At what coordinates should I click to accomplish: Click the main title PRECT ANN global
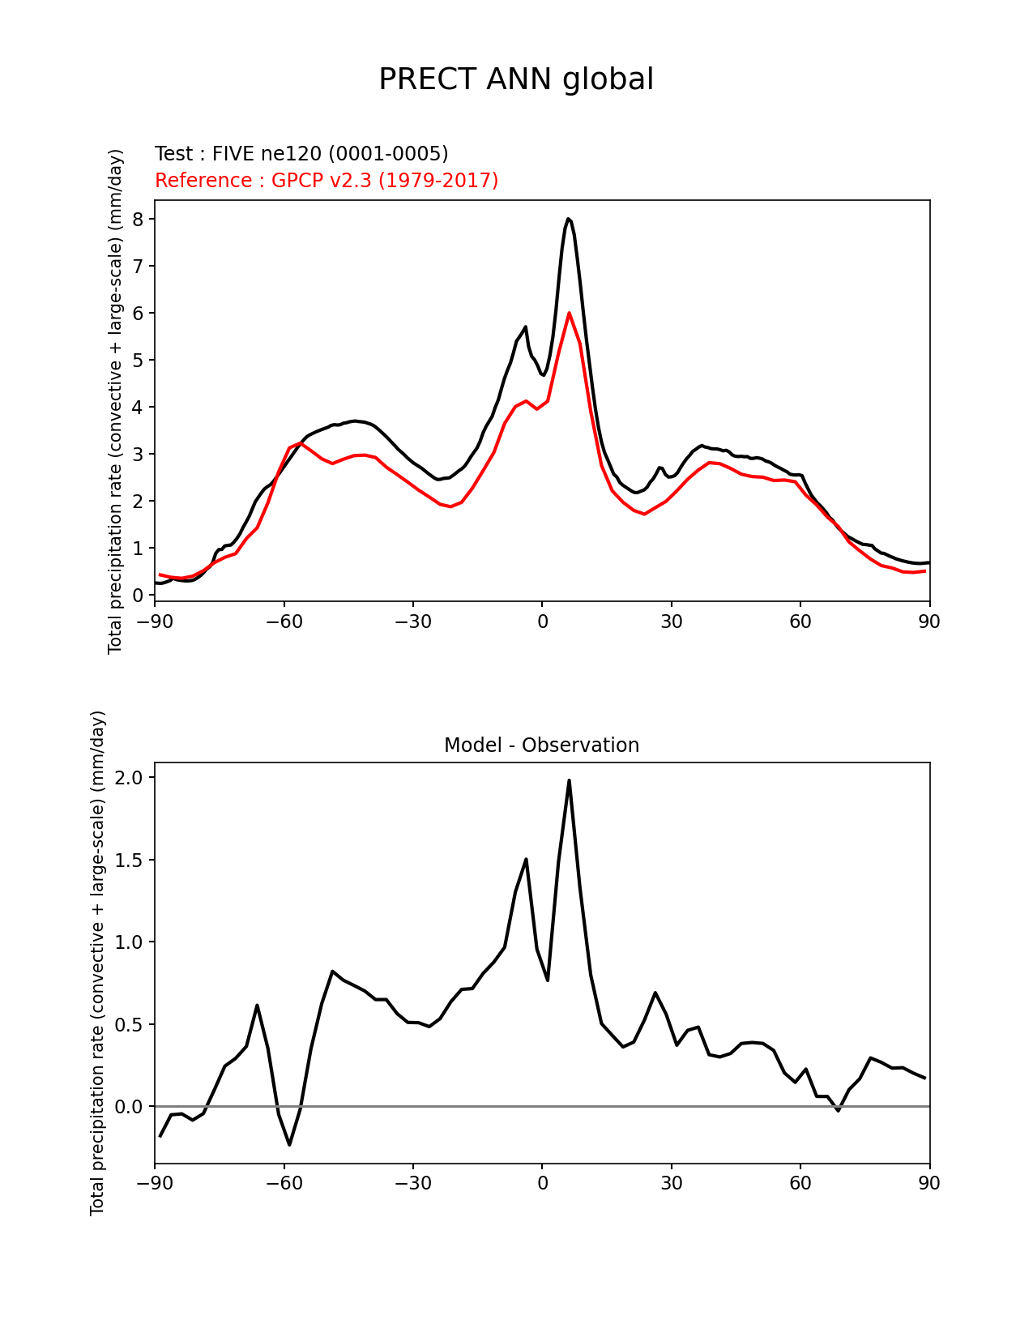click(516, 79)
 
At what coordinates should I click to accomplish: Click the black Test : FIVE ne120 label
click(301, 154)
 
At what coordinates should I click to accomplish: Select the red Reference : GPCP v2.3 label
click(327, 180)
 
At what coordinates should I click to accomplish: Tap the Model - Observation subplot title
click(541, 745)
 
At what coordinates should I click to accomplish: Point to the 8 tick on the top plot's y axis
click(138, 220)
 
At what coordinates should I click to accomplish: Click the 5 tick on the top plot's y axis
click(138, 361)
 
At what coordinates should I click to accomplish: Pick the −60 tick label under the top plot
click(284, 622)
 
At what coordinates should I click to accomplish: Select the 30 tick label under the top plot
click(671, 622)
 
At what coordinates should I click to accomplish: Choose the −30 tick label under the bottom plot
click(412, 1184)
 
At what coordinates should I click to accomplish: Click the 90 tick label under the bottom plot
click(929, 1184)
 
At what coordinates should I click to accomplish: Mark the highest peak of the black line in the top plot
click(569, 219)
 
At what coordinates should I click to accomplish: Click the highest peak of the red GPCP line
click(569, 313)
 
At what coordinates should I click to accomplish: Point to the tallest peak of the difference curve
click(569, 780)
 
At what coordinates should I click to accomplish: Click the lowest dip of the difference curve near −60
click(289, 1144)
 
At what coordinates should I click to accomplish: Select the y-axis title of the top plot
click(116, 401)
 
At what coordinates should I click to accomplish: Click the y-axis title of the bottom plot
click(98, 963)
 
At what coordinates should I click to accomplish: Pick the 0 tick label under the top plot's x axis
click(542, 622)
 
